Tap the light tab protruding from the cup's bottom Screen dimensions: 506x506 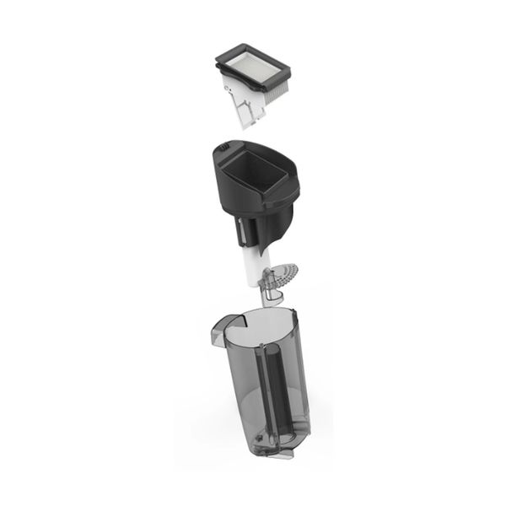(278, 455)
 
